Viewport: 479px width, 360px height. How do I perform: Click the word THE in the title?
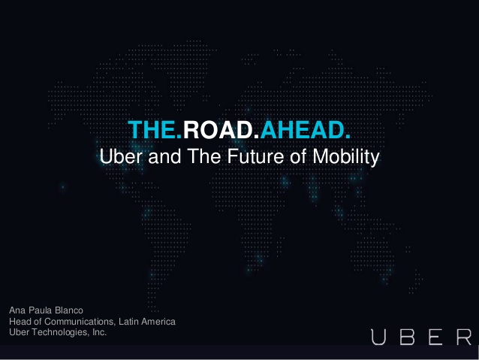pos(152,130)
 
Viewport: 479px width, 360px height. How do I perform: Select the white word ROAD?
pos(217,130)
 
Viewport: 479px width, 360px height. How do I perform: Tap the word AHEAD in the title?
pos(303,130)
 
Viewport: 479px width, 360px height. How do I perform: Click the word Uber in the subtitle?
pos(121,156)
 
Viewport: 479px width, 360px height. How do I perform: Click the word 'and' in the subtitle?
pos(164,156)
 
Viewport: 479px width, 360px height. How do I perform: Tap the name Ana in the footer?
pos(17,310)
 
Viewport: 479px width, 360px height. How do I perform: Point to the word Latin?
pos(128,322)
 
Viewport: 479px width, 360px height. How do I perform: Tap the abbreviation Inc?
pos(99,332)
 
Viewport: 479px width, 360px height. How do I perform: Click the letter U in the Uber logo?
pos(378,337)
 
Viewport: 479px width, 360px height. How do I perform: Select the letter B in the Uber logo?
pos(407,337)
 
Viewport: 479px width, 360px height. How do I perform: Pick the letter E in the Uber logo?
pos(435,337)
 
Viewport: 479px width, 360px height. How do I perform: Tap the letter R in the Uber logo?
pos(464,337)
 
